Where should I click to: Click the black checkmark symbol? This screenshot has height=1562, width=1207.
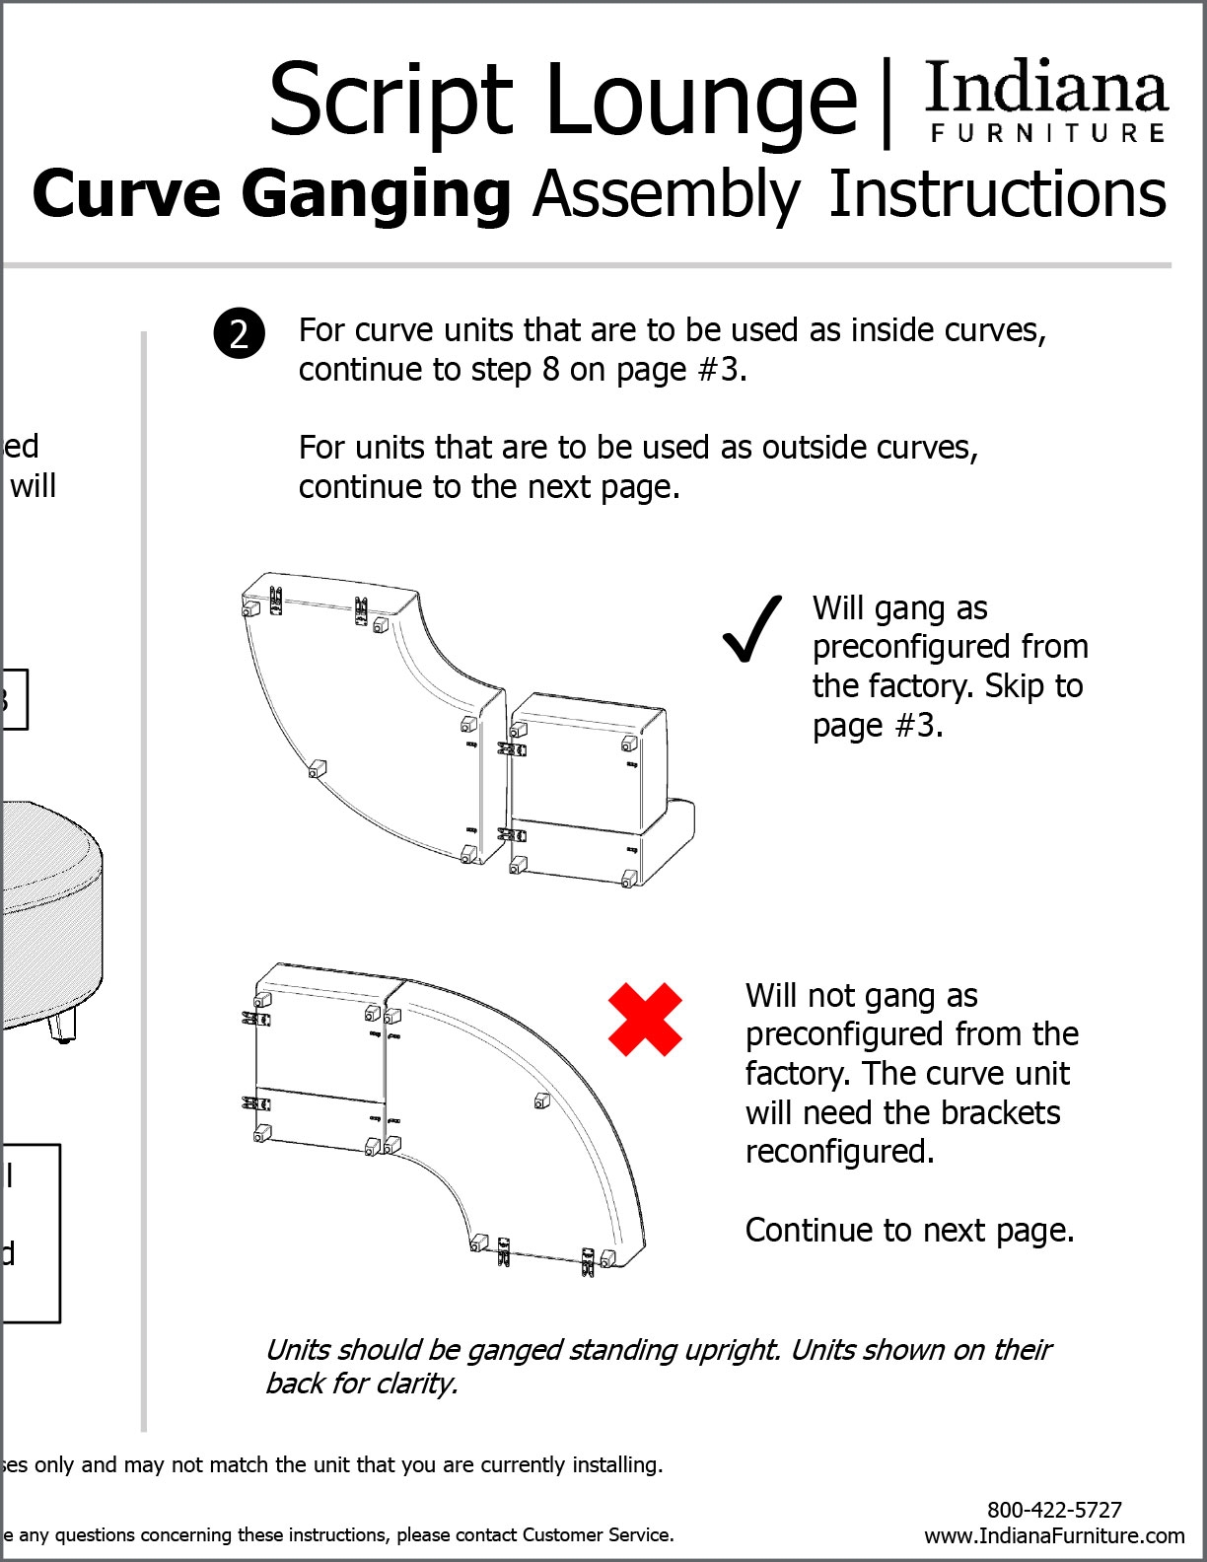pos(751,630)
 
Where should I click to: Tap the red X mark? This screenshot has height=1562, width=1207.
pos(645,1020)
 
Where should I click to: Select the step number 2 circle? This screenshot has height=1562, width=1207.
pos(239,333)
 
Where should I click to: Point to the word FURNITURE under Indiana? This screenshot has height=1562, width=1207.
pos(1048,133)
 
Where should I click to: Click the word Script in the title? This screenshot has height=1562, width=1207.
pos(391,101)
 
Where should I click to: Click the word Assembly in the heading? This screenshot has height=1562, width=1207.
pos(667,195)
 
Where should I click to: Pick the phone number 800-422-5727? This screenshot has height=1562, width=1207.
pos(1054,1510)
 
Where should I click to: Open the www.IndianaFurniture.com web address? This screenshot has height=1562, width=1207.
pos(1054,1535)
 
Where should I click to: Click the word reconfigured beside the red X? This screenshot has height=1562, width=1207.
pos(838,1152)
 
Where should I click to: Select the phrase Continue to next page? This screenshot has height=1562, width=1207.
pos(909,1230)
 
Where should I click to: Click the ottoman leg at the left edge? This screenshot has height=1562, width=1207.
pos(59,1027)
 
